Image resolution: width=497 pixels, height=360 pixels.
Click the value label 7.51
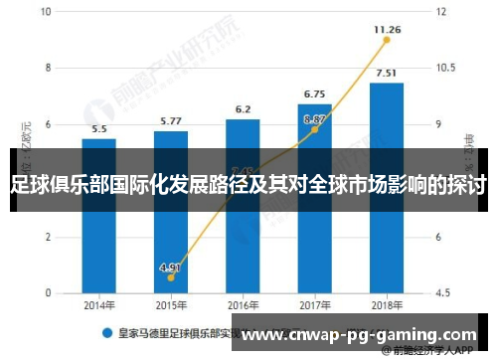(x=386, y=73)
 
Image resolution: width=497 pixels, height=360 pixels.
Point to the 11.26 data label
(x=387, y=30)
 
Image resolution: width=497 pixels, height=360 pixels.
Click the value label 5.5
(x=99, y=128)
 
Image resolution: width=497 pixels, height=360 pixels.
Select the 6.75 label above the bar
(x=314, y=94)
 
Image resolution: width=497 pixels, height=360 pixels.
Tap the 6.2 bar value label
(x=243, y=109)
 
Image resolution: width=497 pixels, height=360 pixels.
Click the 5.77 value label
(x=171, y=121)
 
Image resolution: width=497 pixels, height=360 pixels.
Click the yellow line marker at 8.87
(x=314, y=129)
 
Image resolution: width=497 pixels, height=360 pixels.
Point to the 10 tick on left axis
(x=48, y=12)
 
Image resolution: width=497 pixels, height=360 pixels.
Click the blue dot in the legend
(x=104, y=335)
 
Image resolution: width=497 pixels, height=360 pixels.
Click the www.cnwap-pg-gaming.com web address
(x=360, y=335)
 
